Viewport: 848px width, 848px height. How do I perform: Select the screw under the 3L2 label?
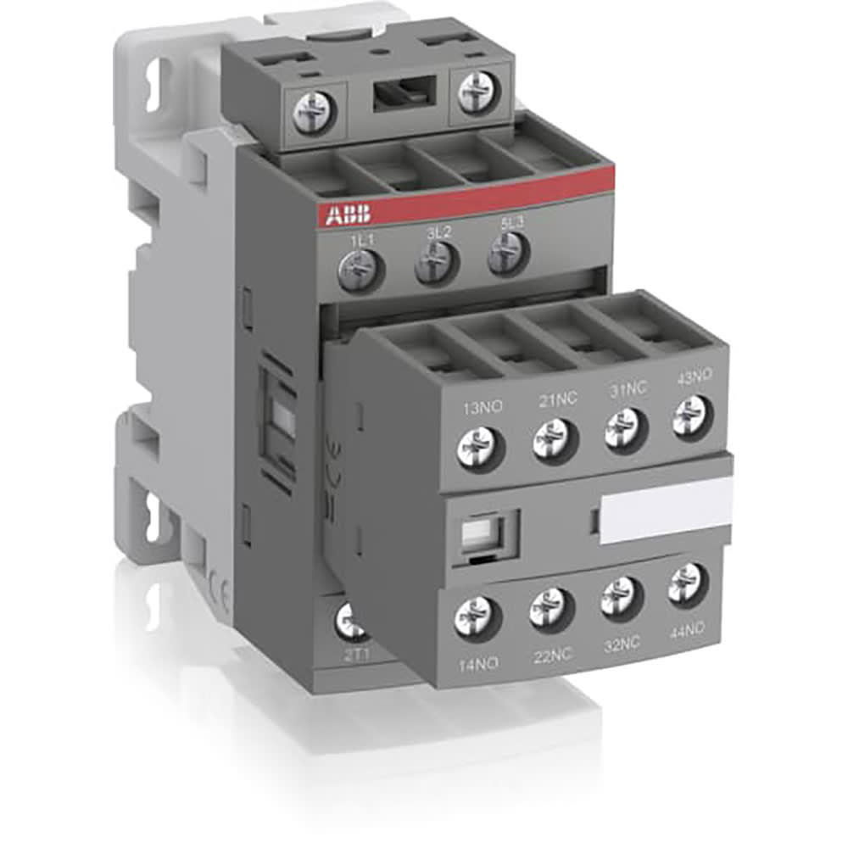(x=437, y=265)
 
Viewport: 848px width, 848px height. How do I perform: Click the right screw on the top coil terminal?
(x=475, y=92)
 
